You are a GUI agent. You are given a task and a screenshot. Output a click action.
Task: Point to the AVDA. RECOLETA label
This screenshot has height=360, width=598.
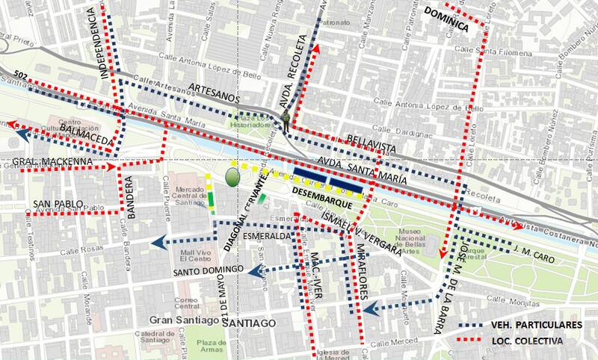pos(298,78)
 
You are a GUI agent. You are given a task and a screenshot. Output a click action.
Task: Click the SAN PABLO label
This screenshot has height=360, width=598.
pos(57,205)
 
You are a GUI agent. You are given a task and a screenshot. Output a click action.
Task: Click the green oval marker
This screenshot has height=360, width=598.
pos(233,178)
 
